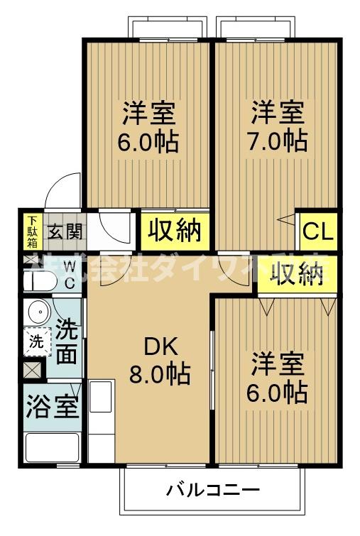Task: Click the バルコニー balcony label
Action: pos(213,490)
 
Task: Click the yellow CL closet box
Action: pos(317,231)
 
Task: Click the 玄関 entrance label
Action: pos(65,231)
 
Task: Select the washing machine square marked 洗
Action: pos(36,341)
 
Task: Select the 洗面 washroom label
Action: pos(66,343)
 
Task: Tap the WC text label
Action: pos(70,274)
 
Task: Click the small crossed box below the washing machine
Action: pos(33,370)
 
